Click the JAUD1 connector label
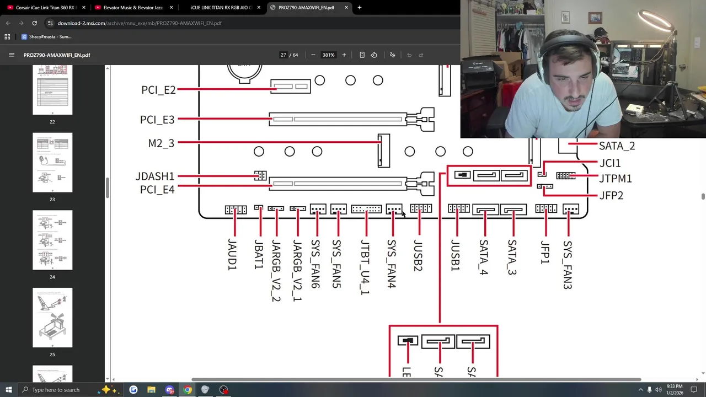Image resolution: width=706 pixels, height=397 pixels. pyautogui.click(x=232, y=255)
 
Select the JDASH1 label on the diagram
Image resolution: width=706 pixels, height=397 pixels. pyautogui.click(x=154, y=176)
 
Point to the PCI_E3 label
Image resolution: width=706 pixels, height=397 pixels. pyautogui.click(x=157, y=120)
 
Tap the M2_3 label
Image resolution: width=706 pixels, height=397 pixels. pyautogui.click(x=161, y=143)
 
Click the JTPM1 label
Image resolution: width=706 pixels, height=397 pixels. pyautogui.click(x=615, y=179)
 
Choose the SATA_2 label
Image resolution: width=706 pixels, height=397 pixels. pyautogui.click(x=617, y=146)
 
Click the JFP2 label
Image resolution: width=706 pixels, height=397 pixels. pyautogui.click(x=611, y=195)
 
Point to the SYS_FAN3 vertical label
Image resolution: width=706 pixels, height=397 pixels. pyautogui.click(x=568, y=265)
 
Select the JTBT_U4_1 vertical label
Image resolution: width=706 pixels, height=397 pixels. pyautogui.click(x=365, y=267)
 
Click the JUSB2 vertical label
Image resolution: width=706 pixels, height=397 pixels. pyautogui.click(x=418, y=255)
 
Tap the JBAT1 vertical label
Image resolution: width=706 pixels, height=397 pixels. pyautogui.click(x=259, y=255)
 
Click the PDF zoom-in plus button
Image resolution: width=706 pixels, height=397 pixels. pyautogui.click(x=344, y=55)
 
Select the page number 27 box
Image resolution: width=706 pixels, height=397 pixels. pyautogui.click(x=284, y=55)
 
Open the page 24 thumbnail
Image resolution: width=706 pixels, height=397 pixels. pyautogui.click(x=52, y=240)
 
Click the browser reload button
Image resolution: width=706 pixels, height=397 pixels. pyautogui.click(x=34, y=23)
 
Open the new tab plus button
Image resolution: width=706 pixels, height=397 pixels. pyautogui.click(x=359, y=8)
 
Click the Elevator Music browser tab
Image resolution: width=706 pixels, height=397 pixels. pyautogui.click(x=132, y=8)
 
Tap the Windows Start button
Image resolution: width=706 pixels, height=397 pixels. pyautogui.click(x=8, y=390)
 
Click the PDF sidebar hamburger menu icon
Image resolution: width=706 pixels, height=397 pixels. pyautogui.click(x=12, y=55)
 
